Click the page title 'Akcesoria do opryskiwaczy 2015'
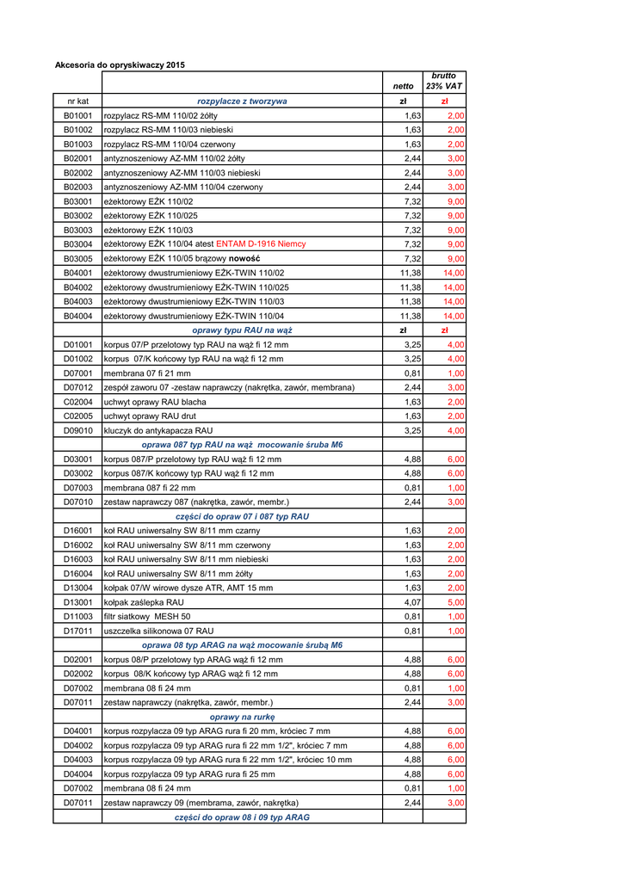click(x=120, y=65)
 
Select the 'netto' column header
click(x=403, y=86)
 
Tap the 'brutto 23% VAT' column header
click(x=444, y=81)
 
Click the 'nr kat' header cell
click(x=77, y=102)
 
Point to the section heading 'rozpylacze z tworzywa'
click(x=242, y=102)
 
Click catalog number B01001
click(x=77, y=115)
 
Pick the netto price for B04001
click(x=410, y=273)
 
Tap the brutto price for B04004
click(x=454, y=316)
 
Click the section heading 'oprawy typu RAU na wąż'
click(x=242, y=330)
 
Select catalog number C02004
click(x=77, y=402)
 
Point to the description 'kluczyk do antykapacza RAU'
click(x=158, y=430)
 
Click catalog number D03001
click(x=77, y=459)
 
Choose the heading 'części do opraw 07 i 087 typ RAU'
click(x=242, y=516)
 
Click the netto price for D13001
click(x=412, y=602)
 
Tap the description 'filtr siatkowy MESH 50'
click(x=147, y=617)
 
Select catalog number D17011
click(x=77, y=631)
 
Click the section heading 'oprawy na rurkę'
click(x=242, y=717)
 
